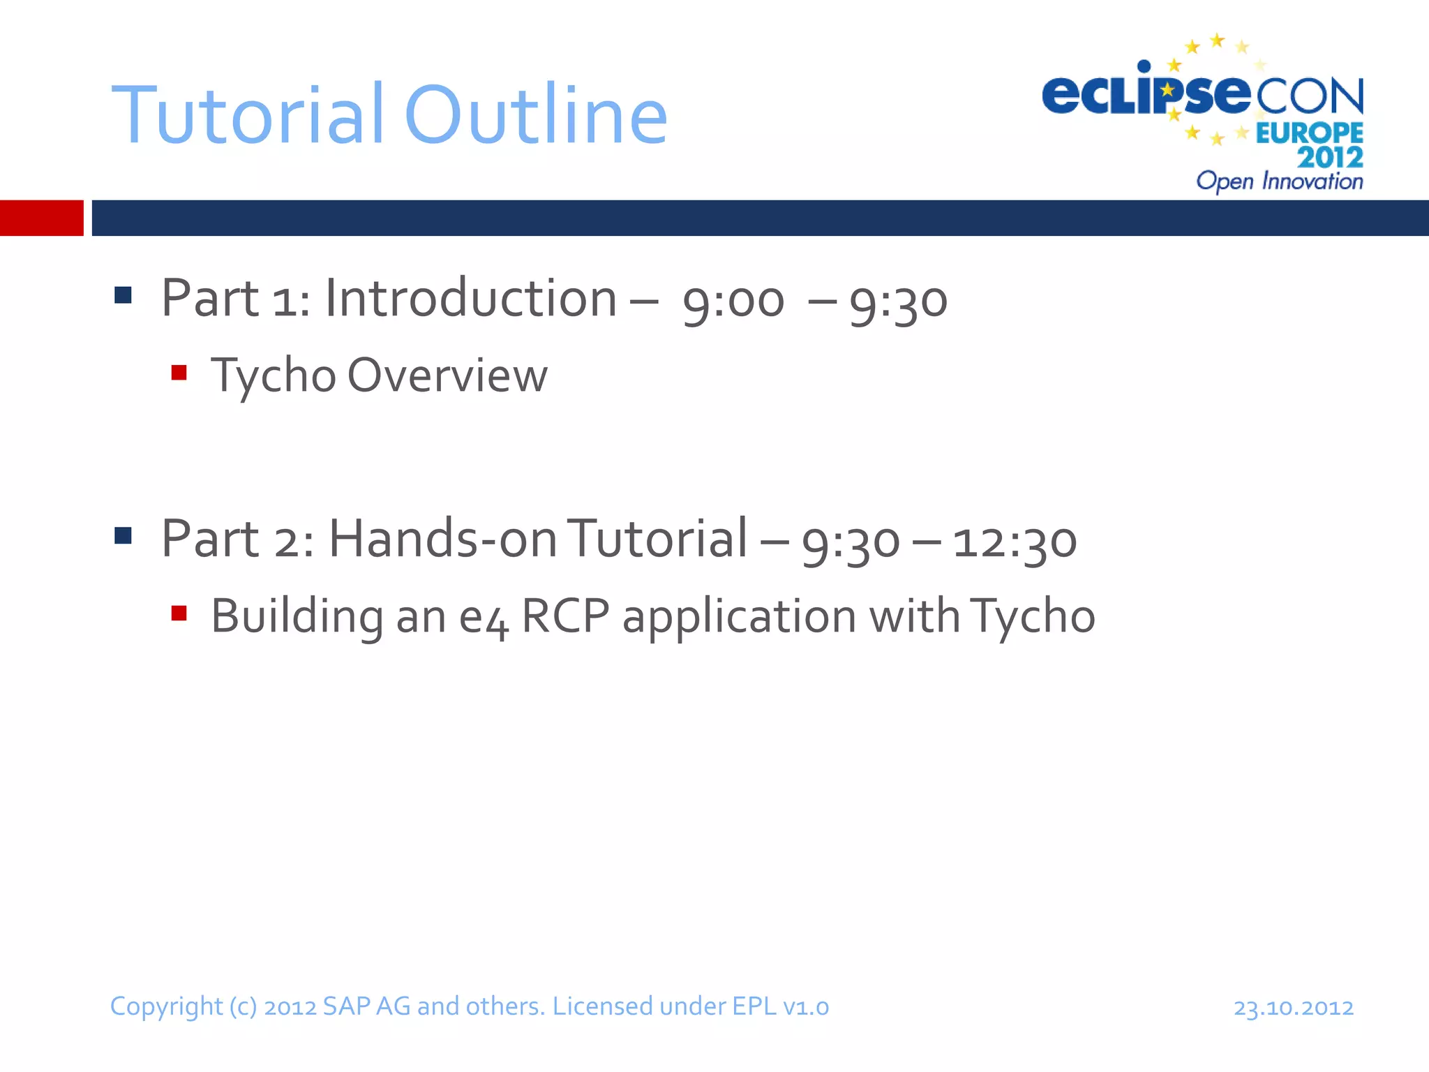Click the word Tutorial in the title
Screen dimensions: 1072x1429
[248, 115]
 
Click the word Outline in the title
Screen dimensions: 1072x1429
[535, 115]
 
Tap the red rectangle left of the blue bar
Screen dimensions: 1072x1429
[41, 218]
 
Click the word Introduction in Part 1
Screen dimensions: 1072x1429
[471, 299]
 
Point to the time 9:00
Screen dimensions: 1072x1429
[733, 301]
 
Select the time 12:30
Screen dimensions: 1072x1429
[1015, 542]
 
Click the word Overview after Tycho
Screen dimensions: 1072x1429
[447, 375]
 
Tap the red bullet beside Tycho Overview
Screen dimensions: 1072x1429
[179, 373]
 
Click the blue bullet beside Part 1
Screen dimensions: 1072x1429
[123, 295]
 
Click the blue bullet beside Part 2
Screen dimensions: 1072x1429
[123, 535]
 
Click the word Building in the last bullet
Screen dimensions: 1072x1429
[297, 616]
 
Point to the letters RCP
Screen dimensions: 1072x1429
[565, 616]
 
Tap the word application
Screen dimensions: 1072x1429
[739, 618]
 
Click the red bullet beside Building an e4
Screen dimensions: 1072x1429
[179, 613]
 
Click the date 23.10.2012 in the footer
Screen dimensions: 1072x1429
[1293, 1008]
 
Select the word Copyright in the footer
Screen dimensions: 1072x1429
[166, 1007]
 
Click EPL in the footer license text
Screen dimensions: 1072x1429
[754, 1006]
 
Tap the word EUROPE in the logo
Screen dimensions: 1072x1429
[1309, 133]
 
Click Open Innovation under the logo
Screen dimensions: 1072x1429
[1279, 181]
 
